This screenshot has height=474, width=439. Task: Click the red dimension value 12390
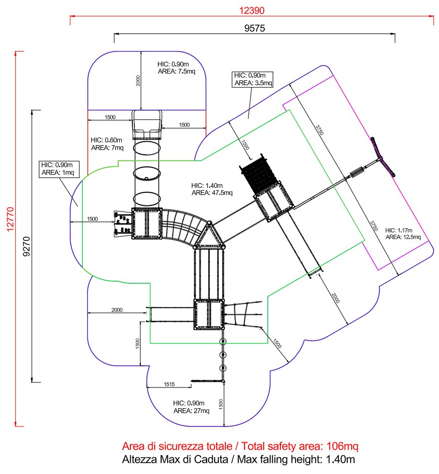click(x=252, y=11)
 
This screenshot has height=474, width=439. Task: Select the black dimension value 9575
click(x=255, y=28)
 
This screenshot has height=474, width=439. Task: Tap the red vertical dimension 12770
click(x=10, y=219)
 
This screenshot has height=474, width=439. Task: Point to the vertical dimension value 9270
click(x=27, y=247)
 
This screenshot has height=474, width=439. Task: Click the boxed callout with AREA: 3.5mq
click(x=253, y=79)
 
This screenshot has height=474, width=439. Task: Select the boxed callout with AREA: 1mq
click(x=59, y=169)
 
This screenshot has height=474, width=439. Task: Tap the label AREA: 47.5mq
click(x=212, y=193)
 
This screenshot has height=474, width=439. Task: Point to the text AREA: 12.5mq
click(x=403, y=237)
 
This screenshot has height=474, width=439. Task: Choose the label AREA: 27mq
click(x=191, y=411)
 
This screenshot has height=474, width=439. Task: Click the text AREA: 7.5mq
click(x=176, y=72)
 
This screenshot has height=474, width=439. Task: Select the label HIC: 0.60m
click(x=106, y=140)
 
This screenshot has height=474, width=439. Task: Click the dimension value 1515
click(x=169, y=384)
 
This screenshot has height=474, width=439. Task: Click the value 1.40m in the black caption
click(x=340, y=459)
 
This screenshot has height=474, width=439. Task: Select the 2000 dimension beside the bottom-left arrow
click(x=117, y=310)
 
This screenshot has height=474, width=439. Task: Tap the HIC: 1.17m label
click(x=399, y=230)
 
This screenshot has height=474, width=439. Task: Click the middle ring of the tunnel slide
click(x=147, y=174)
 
